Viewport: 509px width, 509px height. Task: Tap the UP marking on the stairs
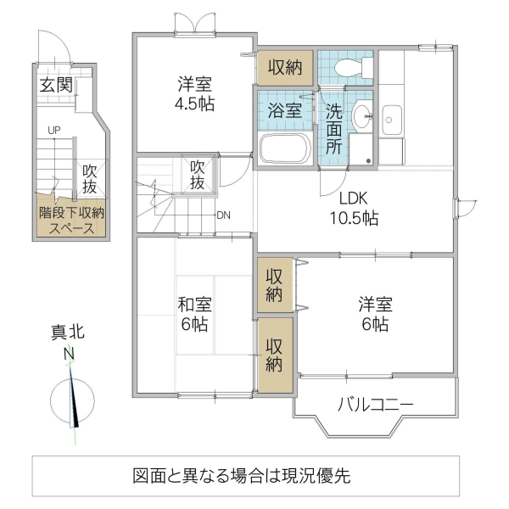[53, 130]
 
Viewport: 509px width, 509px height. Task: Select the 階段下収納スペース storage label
[72, 221]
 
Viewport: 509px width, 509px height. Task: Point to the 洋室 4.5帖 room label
[195, 94]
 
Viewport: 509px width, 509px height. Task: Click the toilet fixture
[349, 68]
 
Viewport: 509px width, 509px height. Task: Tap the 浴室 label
[286, 109]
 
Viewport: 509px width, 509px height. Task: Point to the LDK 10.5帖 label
[354, 209]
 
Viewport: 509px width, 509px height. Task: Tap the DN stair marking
[223, 215]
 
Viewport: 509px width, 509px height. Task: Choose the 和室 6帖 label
[195, 313]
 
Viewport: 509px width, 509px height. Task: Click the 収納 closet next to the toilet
[285, 68]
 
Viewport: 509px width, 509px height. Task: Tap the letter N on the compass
[70, 355]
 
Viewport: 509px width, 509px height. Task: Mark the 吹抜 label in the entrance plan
[90, 178]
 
